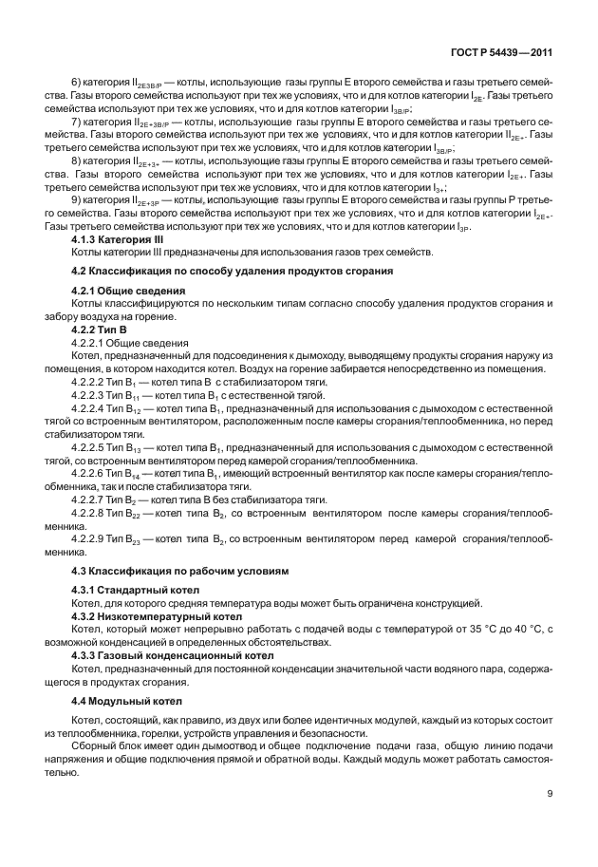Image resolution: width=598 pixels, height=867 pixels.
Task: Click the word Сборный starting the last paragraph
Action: point(95,747)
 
